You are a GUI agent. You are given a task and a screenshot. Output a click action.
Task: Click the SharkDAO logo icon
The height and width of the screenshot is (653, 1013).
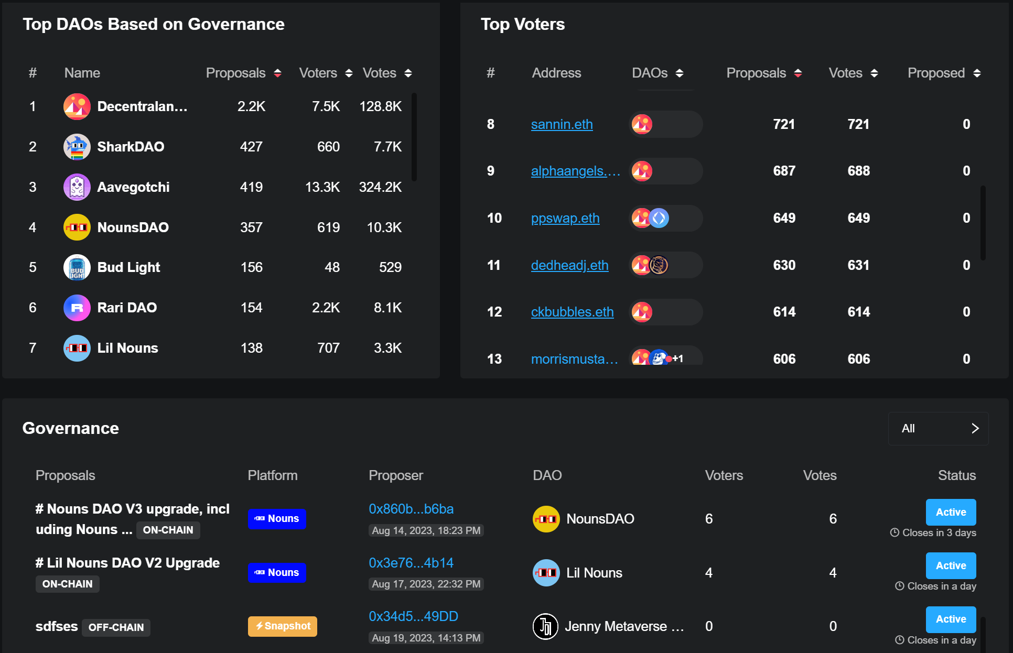point(77,147)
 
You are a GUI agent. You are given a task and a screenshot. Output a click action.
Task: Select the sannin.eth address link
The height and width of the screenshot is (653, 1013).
point(562,124)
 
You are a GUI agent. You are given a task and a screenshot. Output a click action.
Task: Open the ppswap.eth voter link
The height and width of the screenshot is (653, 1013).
point(565,218)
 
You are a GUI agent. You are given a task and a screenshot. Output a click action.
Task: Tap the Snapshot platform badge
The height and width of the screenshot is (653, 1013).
point(282,626)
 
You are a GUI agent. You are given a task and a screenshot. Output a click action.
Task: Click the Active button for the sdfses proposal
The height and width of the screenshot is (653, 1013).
point(950,619)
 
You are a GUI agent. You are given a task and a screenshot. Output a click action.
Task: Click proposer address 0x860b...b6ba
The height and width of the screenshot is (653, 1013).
point(411,509)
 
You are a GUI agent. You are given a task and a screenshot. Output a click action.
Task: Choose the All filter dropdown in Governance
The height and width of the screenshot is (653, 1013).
point(937,429)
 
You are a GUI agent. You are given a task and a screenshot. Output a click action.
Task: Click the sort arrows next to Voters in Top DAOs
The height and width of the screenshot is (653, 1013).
point(349,73)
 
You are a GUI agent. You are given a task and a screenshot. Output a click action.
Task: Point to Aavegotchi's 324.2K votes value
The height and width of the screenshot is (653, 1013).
point(380,187)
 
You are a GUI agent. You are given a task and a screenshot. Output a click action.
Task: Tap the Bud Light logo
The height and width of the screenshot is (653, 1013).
point(77,267)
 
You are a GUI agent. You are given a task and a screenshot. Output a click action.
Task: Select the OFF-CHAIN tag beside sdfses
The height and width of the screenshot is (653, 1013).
point(116,627)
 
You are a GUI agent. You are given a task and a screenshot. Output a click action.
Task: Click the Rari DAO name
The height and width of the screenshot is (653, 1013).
point(127,308)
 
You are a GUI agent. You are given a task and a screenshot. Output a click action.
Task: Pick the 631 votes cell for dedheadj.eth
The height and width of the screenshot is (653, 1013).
point(858,265)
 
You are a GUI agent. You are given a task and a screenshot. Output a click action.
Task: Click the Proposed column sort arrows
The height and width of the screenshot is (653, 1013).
point(977,73)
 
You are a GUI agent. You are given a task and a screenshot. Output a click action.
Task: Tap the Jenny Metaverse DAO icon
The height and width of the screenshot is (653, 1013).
point(545,626)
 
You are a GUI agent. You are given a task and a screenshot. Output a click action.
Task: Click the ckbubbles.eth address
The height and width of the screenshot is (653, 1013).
point(572,312)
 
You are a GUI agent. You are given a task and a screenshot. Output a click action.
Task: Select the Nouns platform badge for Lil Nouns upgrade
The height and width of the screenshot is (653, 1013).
point(277,572)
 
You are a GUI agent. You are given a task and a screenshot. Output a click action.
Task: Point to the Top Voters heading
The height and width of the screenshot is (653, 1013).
point(522,24)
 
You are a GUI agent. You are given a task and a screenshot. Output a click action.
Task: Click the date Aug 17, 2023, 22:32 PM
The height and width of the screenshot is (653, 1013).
point(426,584)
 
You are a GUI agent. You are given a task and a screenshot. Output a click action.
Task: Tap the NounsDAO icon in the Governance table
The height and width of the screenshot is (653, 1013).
point(546,519)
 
